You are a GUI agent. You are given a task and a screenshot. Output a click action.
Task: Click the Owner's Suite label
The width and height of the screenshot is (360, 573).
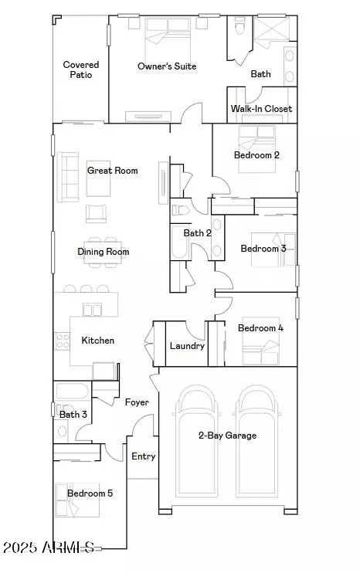coord(167,66)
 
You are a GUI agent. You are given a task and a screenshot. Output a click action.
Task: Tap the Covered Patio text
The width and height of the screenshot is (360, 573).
coord(81,70)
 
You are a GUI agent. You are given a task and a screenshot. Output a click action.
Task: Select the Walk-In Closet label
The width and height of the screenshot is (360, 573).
coord(261,109)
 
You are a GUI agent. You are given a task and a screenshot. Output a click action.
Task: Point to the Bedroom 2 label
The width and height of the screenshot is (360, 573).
coord(256,155)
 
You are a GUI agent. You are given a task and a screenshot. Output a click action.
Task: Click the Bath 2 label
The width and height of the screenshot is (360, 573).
coord(197,232)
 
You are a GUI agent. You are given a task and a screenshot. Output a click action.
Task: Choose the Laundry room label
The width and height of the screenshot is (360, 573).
coord(187,346)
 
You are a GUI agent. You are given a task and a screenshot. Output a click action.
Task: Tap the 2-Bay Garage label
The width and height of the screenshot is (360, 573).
coord(227,436)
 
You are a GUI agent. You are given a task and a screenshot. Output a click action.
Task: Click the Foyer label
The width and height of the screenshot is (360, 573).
coord(137,402)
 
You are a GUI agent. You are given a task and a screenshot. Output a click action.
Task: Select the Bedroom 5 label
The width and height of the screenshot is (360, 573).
coord(90,493)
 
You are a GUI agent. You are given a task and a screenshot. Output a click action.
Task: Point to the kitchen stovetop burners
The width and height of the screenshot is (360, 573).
coord(62,341)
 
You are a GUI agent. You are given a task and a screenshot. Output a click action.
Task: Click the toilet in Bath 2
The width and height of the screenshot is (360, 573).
coord(181,210)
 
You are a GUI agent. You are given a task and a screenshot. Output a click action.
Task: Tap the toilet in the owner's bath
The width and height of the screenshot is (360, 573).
coord(239,26)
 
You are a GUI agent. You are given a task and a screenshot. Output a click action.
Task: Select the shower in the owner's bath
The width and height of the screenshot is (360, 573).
coord(272,29)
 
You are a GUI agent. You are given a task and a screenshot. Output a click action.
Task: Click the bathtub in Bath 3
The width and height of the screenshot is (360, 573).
coord(73,391)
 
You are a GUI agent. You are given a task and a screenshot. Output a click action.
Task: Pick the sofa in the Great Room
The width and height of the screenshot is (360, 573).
coord(68,177)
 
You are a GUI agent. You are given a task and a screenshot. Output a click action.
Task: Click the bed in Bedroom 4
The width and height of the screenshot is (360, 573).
coord(260,341)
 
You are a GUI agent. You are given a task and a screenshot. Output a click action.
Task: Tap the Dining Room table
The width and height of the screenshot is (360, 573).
coord(103,253)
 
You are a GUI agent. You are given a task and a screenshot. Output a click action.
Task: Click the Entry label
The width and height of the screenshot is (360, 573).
coord(143,456)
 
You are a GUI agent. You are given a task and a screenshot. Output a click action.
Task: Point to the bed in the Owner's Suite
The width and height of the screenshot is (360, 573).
coord(168,36)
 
